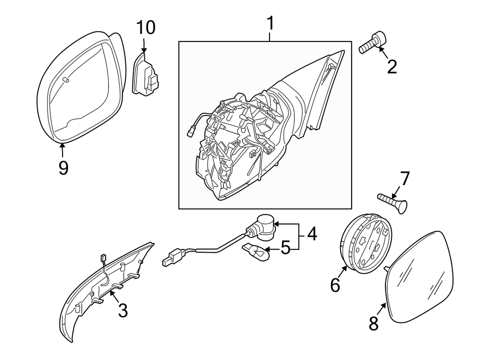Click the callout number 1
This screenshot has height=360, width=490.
(271, 24)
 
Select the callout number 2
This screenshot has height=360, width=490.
(391, 66)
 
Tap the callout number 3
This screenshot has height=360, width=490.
(122, 310)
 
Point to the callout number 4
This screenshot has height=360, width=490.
(311, 235)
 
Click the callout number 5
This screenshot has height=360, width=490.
(285, 250)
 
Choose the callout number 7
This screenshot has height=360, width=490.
(404, 179)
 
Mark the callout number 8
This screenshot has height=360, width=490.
(373, 324)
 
